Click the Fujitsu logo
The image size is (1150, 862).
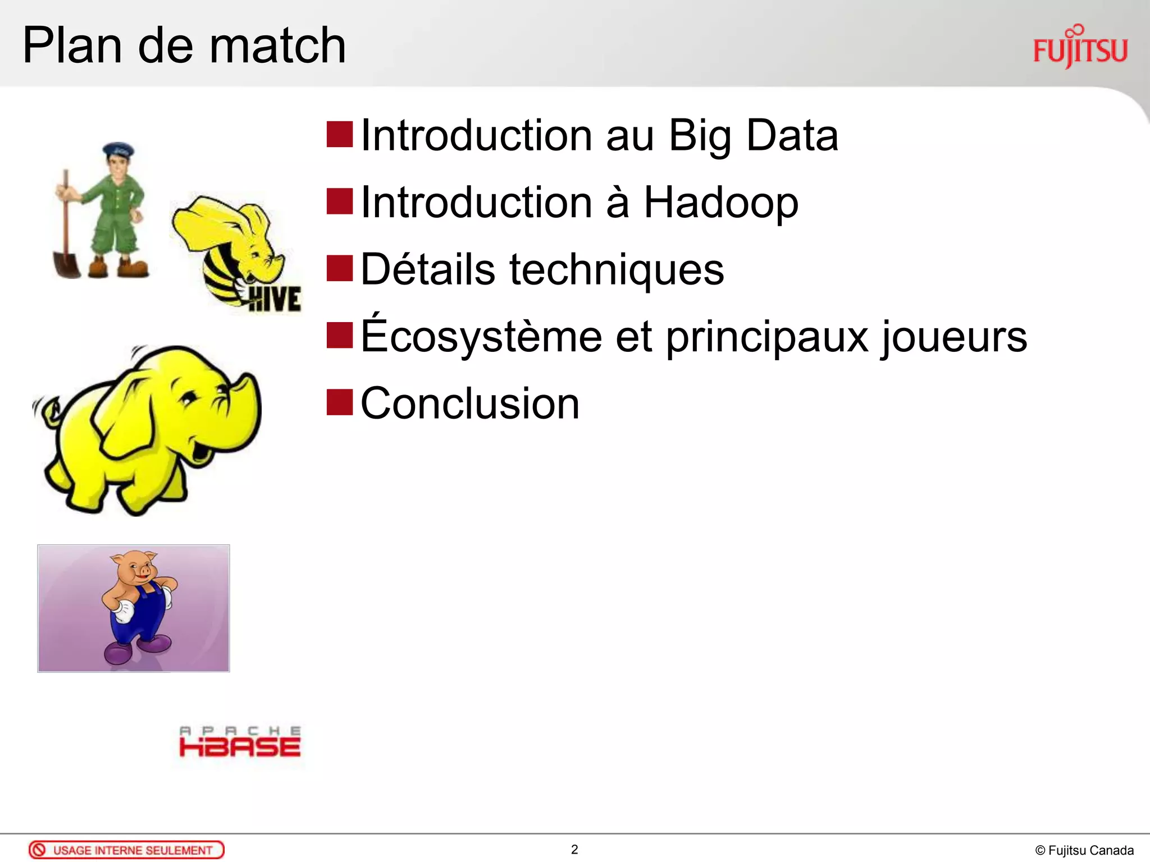click(1080, 49)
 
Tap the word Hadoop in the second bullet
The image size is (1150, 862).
click(720, 203)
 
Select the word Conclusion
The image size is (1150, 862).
click(469, 404)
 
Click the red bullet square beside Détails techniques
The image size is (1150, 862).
click(339, 268)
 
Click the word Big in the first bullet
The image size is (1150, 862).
click(700, 136)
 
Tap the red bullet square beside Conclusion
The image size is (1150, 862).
click(339, 402)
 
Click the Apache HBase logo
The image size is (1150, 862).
click(240, 742)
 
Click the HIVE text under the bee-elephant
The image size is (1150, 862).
click(275, 299)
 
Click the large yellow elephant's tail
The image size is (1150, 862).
click(48, 410)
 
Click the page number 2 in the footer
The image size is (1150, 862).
click(574, 850)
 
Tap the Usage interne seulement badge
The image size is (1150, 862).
click(126, 850)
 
